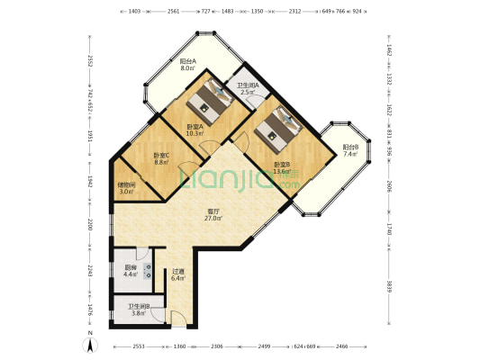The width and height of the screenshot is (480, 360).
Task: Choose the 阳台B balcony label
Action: [351, 148]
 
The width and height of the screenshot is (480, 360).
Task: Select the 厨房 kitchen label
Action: [131, 266]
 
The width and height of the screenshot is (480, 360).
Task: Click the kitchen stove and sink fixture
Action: [147, 273]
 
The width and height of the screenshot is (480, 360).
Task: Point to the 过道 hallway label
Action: [178, 271]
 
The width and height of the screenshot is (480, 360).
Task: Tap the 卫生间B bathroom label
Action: [140, 308]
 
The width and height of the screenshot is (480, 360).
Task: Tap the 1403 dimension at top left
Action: [132, 12]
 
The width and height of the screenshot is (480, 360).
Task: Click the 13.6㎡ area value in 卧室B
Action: [282, 170]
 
